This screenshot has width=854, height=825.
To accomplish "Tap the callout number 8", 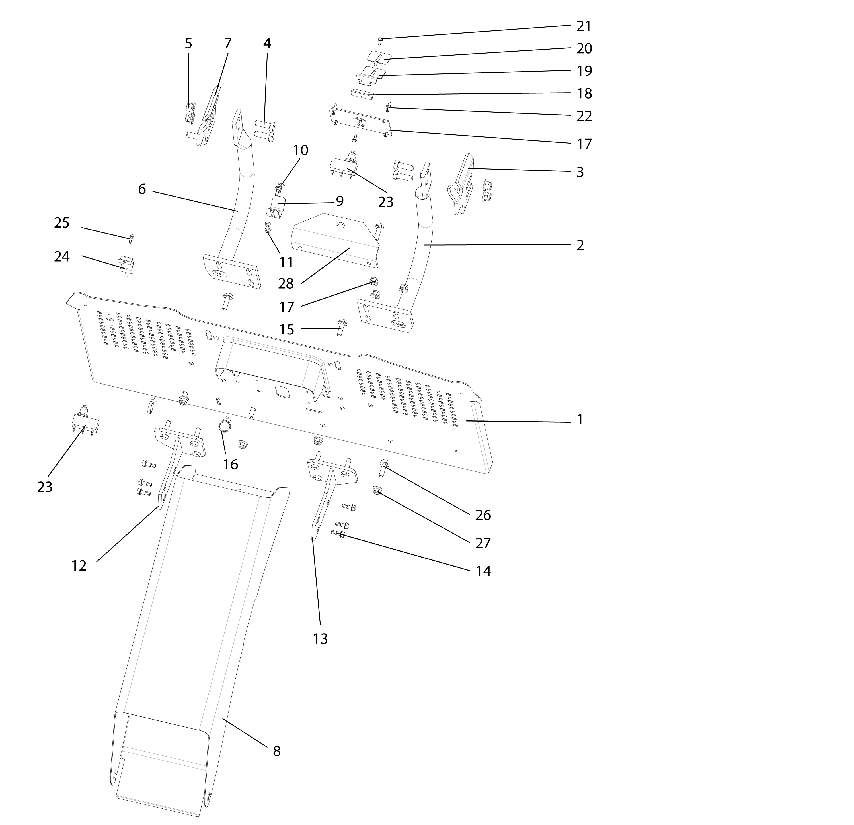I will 277,751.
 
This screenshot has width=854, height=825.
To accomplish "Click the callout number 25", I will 62,223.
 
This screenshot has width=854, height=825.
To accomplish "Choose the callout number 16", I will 231,464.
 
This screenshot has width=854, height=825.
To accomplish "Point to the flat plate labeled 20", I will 379,57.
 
